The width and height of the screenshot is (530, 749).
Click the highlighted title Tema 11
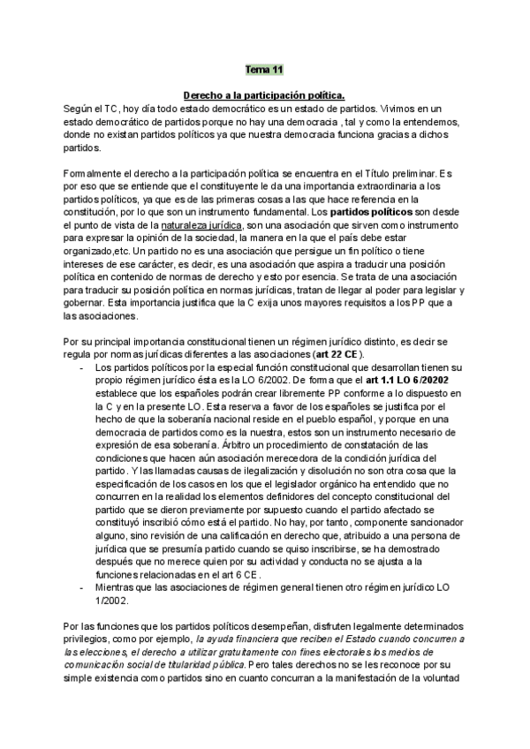[x=264, y=68]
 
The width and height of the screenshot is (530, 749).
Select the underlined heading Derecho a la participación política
[x=263, y=94]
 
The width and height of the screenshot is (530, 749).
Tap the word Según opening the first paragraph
[x=78, y=107]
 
